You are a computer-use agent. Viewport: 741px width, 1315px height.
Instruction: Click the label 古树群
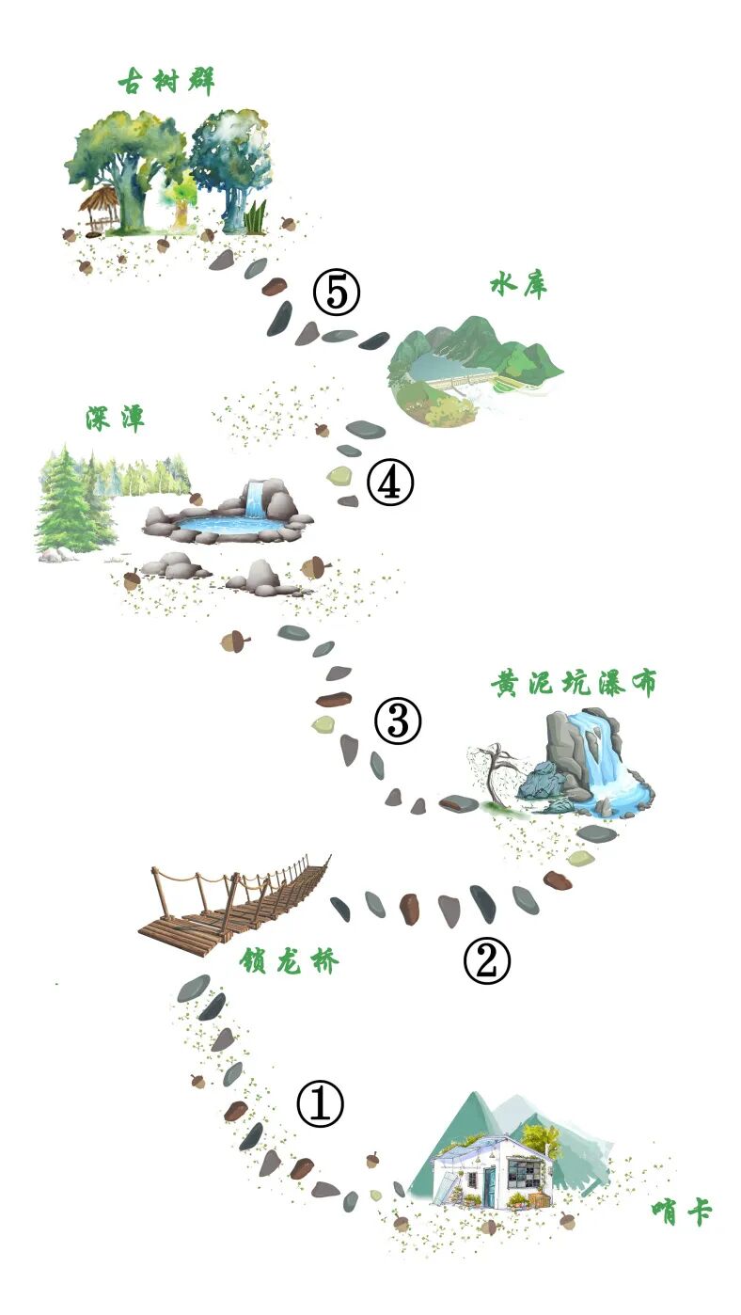click(166, 81)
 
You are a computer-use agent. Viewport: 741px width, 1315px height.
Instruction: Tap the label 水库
click(519, 286)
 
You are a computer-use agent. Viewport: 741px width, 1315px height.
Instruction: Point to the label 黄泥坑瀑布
click(574, 683)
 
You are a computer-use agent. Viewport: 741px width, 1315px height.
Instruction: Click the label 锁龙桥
click(289, 961)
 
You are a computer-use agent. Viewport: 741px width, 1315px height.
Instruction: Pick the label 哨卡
click(682, 1212)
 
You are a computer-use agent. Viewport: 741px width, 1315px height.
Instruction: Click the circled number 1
click(320, 1104)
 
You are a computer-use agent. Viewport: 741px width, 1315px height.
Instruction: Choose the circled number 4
click(390, 483)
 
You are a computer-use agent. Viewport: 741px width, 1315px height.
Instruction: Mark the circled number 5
click(337, 292)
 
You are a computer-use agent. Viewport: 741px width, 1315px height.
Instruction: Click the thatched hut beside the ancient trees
click(100, 210)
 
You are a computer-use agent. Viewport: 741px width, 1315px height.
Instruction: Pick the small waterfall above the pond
click(255, 499)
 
